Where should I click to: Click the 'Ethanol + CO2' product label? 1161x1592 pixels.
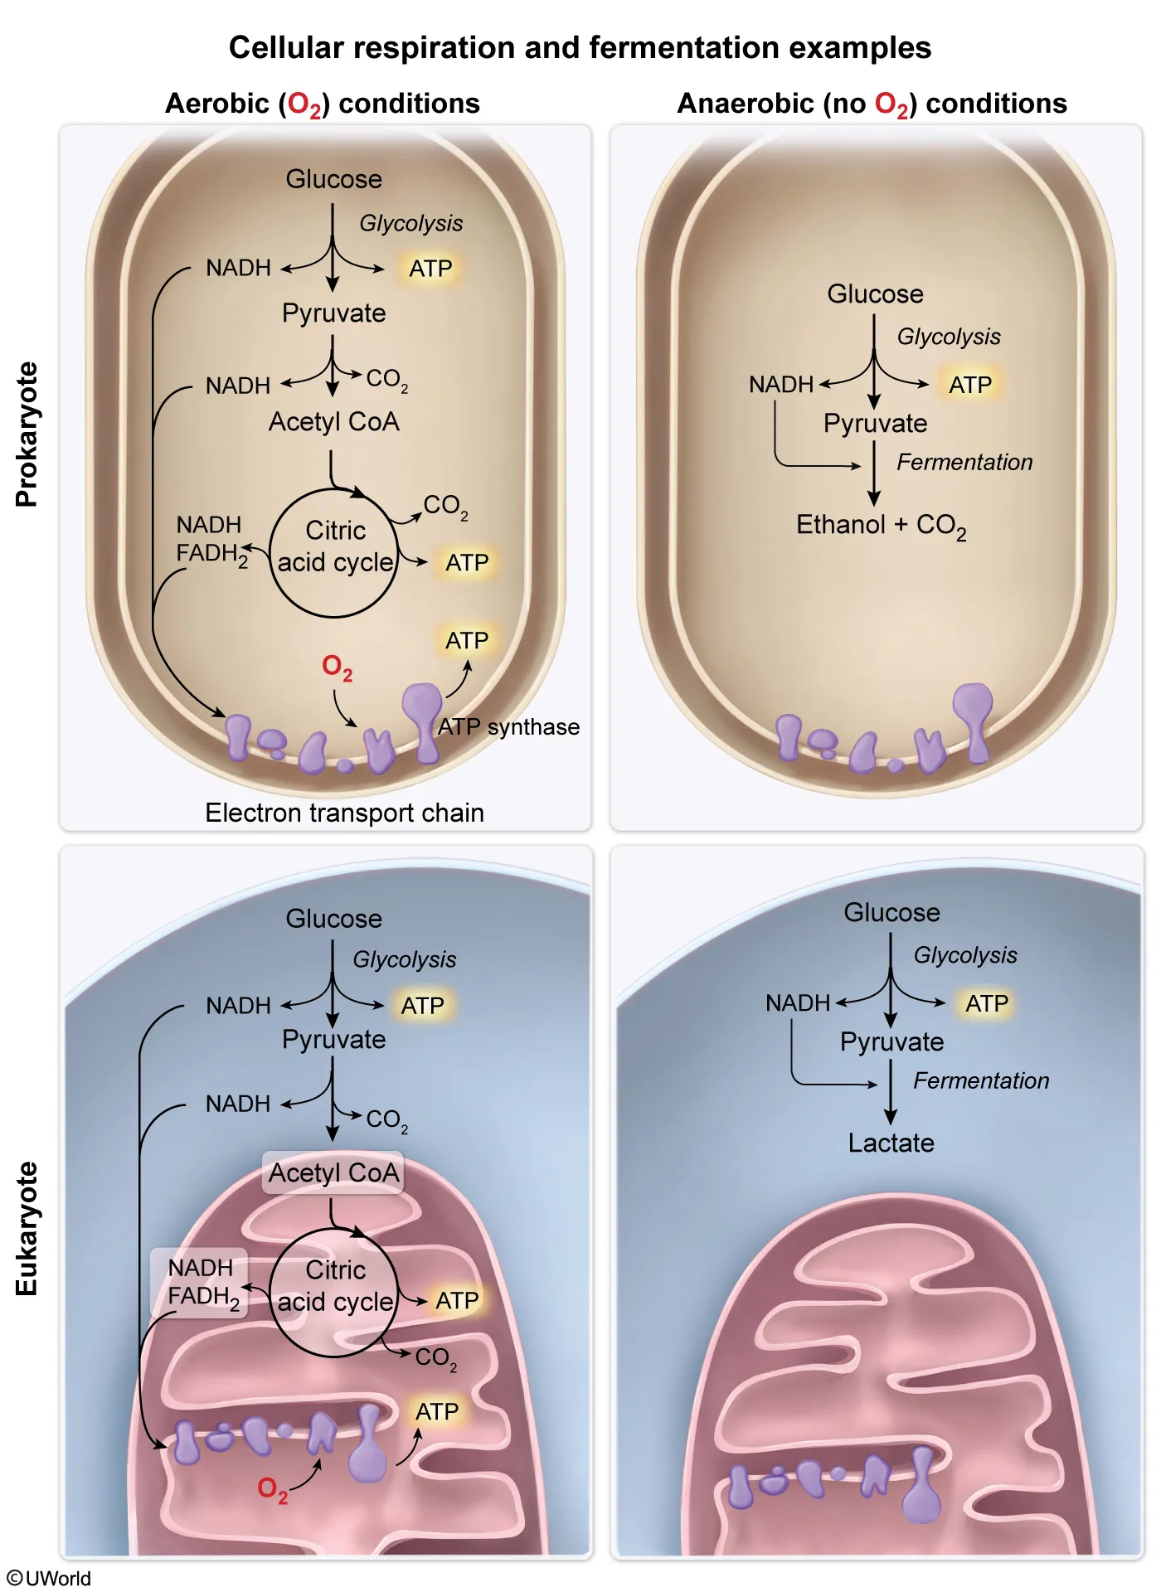coord(881,525)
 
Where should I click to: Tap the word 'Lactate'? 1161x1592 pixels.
coord(891,1143)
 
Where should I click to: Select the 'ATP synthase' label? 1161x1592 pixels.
coord(508,726)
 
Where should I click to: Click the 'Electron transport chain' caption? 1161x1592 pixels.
coord(344,813)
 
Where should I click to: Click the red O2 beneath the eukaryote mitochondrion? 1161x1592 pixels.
coord(272,1488)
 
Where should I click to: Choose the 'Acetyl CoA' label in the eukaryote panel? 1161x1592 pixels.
coord(333,1172)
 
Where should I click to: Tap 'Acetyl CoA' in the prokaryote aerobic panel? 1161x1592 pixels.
coord(333,422)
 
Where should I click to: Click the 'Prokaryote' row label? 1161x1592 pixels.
coord(27,434)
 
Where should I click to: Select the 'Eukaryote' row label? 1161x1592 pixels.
coord(27,1228)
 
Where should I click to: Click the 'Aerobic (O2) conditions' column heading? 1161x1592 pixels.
coord(323,104)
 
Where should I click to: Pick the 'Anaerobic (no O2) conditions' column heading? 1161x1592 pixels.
coord(872,104)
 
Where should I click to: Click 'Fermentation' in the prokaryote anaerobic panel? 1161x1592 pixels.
coord(964,462)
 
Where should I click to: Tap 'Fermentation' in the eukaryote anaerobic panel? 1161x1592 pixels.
coord(981,1080)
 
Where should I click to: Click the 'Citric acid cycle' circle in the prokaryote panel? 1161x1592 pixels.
coord(334,552)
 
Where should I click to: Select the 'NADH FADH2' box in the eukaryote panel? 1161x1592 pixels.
coord(201,1282)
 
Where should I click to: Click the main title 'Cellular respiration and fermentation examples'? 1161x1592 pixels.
coord(580,48)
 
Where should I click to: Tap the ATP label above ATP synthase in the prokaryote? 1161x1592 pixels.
coord(467,641)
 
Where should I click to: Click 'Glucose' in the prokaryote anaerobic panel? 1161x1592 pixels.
coord(875,294)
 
